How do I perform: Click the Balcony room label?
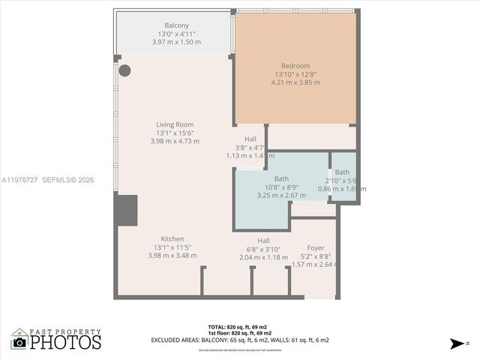click(x=176, y=25)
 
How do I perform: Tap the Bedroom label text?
click(x=295, y=65)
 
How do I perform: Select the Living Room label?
click(x=175, y=124)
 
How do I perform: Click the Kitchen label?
click(x=172, y=238)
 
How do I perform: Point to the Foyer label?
click(x=316, y=247)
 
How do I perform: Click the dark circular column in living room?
click(x=124, y=70)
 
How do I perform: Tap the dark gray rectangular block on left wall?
click(x=126, y=210)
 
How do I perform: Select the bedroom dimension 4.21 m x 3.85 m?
click(x=295, y=82)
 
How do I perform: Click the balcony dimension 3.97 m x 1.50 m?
click(x=176, y=42)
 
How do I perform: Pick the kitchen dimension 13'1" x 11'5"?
click(x=172, y=247)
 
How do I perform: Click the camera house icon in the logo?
click(x=19, y=340)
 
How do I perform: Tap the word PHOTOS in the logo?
click(x=65, y=343)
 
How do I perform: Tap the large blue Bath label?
click(x=281, y=178)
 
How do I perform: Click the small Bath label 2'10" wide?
click(x=342, y=172)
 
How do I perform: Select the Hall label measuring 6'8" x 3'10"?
click(x=263, y=241)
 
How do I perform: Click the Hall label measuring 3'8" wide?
click(x=250, y=139)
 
